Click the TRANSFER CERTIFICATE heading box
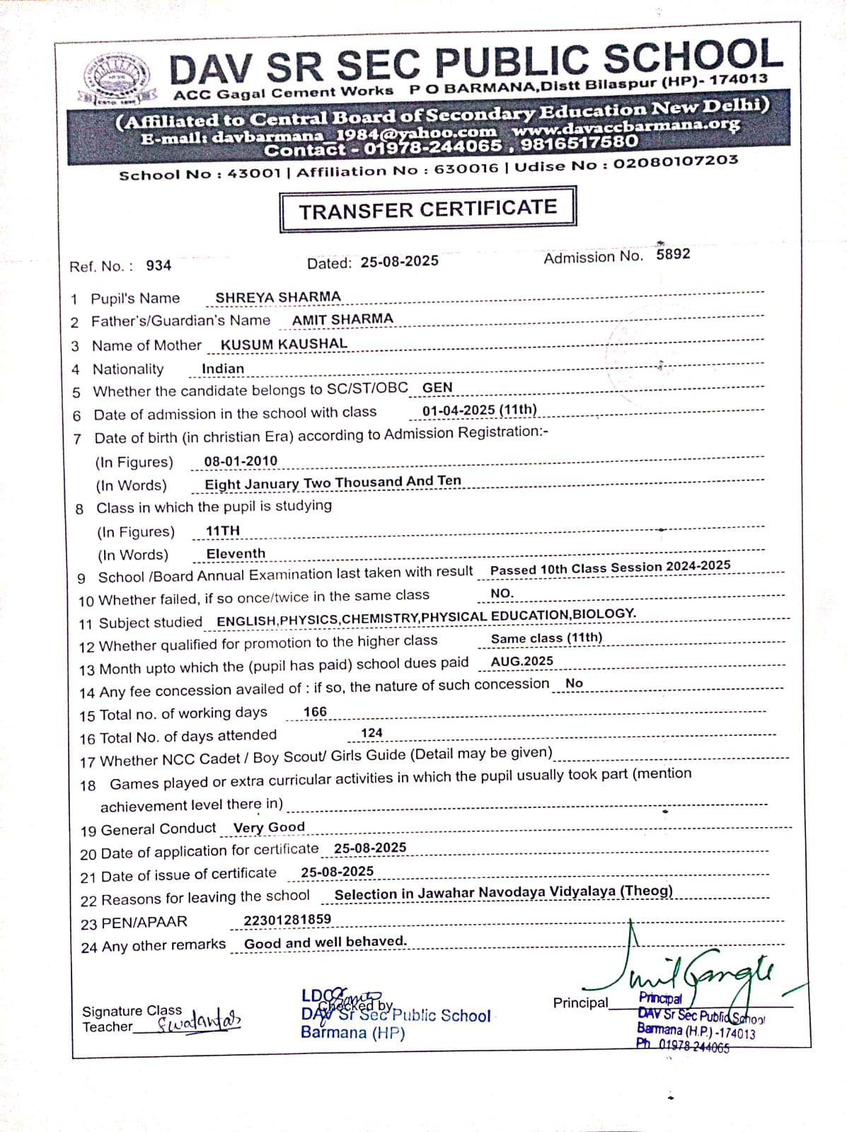click(x=427, y=209)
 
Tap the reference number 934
click(x=159, y=265)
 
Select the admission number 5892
click(x=673, y=254)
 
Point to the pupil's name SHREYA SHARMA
click(x=278, y=297)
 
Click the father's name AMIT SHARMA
click(x=342, y=320)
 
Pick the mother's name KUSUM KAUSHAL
click(x=284, y=345)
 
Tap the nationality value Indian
click(x=223, y=369)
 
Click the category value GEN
click(x=437, y=388)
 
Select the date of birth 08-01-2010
click(x=241, y=461)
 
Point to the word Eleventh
click(x=236, y=554)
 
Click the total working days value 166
click(x=315, y=712)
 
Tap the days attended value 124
click(x=371, y=733)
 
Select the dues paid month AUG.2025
click(x=522, y=662)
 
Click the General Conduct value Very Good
click(x=269, y=827)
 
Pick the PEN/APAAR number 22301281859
click(x=287, y=920)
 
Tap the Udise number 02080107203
click(x=676, y=162)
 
